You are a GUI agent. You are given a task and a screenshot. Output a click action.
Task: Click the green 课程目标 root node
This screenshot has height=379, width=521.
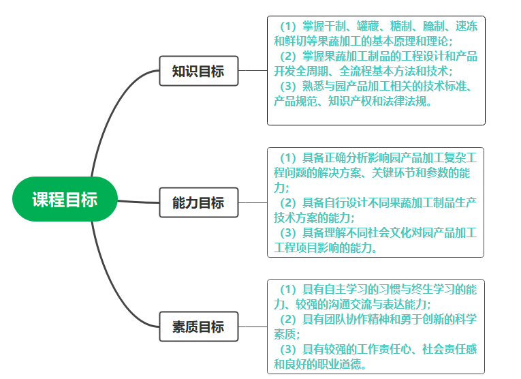(65, 200)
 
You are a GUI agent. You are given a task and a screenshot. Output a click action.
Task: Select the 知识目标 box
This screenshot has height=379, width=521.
(198, 71)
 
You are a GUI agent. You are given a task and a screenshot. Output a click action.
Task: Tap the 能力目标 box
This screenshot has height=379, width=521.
(198, 203)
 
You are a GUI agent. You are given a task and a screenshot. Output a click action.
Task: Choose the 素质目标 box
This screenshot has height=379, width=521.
(198, 327)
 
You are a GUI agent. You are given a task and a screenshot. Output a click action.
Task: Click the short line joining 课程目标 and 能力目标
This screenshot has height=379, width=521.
(140, 202)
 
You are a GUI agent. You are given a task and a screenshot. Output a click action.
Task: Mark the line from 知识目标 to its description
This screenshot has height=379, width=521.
(253, 70)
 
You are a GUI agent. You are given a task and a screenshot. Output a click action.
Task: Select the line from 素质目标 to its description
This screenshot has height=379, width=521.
(253, 327)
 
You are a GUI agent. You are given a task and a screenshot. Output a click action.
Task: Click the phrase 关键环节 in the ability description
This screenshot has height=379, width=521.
(396, 173)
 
